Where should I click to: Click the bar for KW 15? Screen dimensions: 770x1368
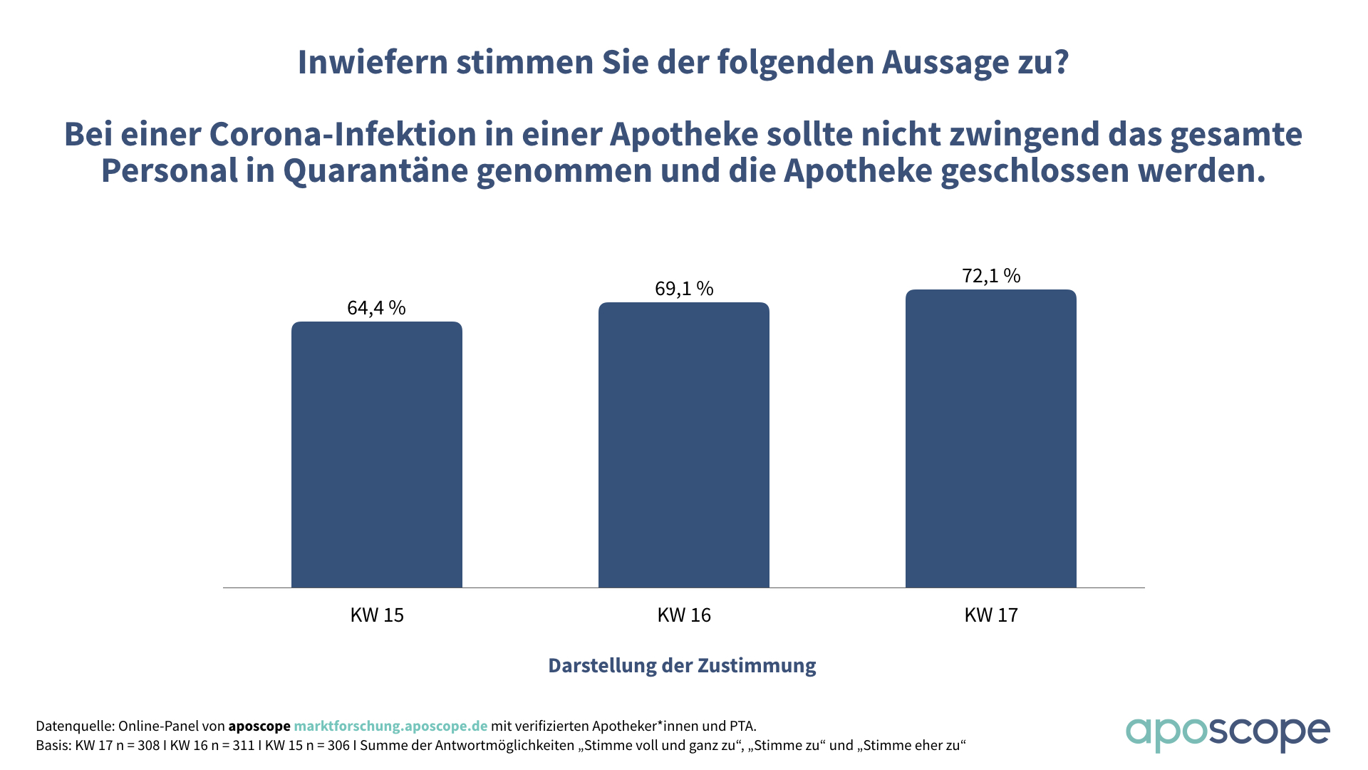pyautogui.click(x=377, y=455)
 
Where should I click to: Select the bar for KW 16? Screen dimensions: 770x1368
pyautogui.click(x=684, y=445)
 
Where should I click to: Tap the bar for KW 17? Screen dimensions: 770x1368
pyautogui.click(x=990, y=438)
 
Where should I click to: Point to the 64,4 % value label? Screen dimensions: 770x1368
pyautogui.click(x=376, y=307)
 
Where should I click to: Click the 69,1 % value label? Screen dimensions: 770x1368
pyautogui.click(x=684, y=288)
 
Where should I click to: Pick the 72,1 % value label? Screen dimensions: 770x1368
pyautogui.click(x=991, y=275)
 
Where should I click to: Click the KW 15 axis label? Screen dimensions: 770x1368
pyautogui.click(x=377, y=615)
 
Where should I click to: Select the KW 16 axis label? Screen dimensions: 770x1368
pyautogui.click(x=684, y=615)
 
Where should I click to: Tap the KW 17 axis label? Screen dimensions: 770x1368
pyautogui.click(x=991, y=615)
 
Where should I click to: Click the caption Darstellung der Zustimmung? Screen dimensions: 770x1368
pyautogui.click(x=682, y=665)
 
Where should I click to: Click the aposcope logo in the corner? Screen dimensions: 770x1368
pyautogui.click(x=1227, y=733)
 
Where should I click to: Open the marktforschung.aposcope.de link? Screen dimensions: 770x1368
pyautogui.click(x=390, y=726)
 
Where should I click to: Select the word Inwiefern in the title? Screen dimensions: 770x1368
pyautogui.click(x=372, y=62)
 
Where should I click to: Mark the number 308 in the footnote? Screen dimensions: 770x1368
pyautogui.click(x=147, y=746)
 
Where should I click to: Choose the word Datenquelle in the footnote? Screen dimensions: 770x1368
pyautogui.click(x=74, y=726)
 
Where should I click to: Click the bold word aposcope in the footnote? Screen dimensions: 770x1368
pyautogui.click(x=259, y=726)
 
